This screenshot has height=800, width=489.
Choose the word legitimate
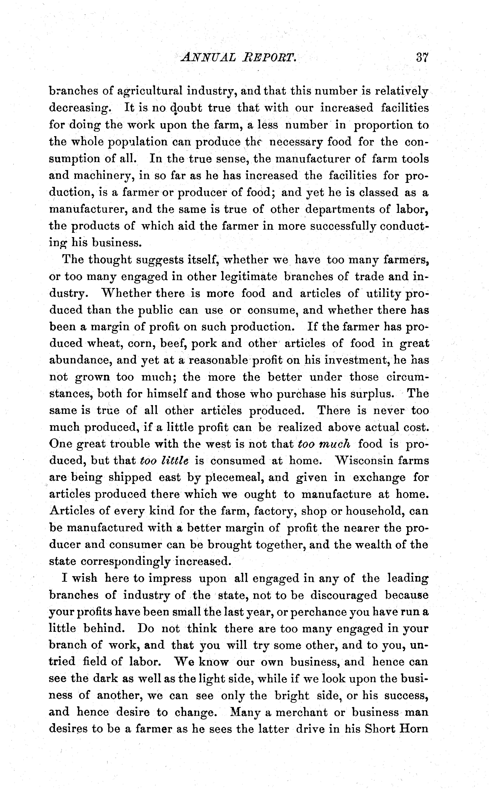[249, 277]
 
